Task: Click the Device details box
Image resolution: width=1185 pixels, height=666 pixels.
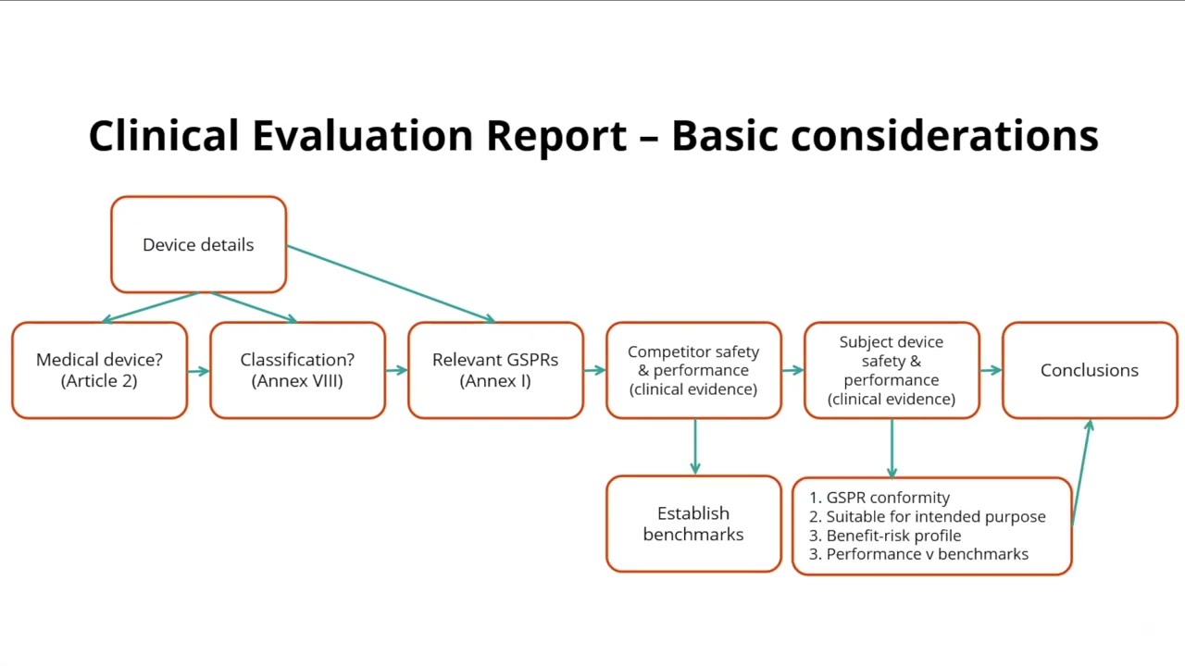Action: (x=198, y=244)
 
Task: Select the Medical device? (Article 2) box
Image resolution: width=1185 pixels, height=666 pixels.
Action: (x=99, y=370)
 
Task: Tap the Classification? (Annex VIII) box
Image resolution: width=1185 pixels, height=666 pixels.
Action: (x=297, y=370)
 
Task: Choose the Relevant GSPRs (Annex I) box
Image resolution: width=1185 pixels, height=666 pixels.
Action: (x=495, y=370)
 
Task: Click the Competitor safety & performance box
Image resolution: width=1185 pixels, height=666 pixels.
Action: (x=693, y=370)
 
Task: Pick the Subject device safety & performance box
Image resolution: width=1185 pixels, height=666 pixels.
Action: (x=892, y=370)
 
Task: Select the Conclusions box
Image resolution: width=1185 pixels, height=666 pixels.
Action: (x=1090, y=370)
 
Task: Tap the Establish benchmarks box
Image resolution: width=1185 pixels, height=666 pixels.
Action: (x=693, y=524)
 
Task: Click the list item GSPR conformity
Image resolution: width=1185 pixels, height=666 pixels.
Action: (x=888, y=498)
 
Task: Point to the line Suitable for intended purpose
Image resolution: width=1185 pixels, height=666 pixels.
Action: (x=935, y=517)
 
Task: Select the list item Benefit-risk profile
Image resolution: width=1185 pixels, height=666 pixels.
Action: (x=893, y=536)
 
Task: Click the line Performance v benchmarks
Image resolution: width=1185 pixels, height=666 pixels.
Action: (x=927, y=554)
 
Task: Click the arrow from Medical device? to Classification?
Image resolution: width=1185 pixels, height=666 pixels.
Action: (x=198, y=371)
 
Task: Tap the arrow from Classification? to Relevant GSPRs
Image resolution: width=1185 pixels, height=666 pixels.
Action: (x=396, y=371)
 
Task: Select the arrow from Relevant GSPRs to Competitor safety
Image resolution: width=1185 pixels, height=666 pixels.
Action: (x=594, y=371)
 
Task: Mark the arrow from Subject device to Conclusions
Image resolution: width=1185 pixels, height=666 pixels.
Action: (x=991, y=371)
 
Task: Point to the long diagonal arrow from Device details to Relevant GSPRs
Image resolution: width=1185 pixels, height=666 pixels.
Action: (x=389, y=283)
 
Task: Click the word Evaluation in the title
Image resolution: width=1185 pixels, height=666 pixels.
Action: (x=363, y=136)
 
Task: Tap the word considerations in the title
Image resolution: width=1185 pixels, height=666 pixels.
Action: (x=944, y=136)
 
